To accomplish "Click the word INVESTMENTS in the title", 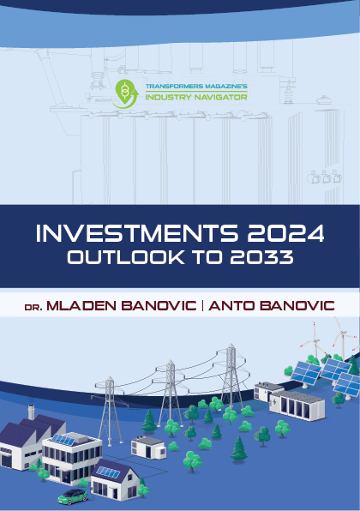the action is (x=137, y=233).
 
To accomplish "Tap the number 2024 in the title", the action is (x=285, y=233).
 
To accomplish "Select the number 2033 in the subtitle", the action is (x=261, y=257).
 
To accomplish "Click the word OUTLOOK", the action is (x=126, y=257).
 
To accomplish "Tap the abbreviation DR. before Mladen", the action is (x=33, y=307).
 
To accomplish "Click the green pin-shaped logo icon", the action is (x=125, y=93).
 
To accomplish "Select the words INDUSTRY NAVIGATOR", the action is (x=196, y=97).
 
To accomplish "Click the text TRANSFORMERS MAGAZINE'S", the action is (x=196, y=87).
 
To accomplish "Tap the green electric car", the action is (x=73, y=496).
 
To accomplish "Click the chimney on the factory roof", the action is (x=31, y=412).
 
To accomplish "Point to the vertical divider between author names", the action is (x=202, y=306).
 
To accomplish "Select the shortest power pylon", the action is (x=110, y=411).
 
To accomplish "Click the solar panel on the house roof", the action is (x=108, y=472).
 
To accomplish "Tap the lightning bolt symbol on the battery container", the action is (x=274, y=401).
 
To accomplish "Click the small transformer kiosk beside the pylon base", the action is (x=148, y=448).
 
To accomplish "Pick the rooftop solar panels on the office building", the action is (x=63, y=440).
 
